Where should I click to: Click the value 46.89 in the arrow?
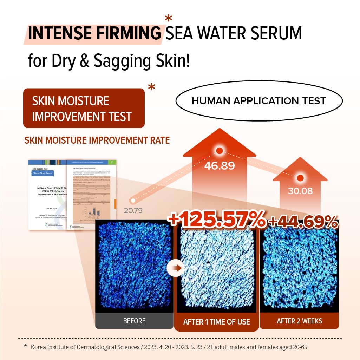(x=220, y=165)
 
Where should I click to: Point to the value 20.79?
(x=133, y=211)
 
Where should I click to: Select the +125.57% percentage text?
(x=217, y=220)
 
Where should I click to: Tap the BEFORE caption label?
(x=134, y=321)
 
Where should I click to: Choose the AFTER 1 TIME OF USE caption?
(x=216, y=322)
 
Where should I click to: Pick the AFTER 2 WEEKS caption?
(x=299, y=321)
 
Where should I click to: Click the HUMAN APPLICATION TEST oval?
(x=258, y=101)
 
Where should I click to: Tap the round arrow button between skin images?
(x=175, y=268)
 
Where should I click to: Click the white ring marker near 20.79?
(x=133, y=201)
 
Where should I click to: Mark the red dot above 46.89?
(x=220, y=151)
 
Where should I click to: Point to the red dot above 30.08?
(x=300, y=178)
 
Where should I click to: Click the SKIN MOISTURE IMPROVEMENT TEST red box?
(x=84, y=108)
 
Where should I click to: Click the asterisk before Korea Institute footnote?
(x=25, y=347)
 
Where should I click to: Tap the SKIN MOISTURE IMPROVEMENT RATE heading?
(x=97, y=140)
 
